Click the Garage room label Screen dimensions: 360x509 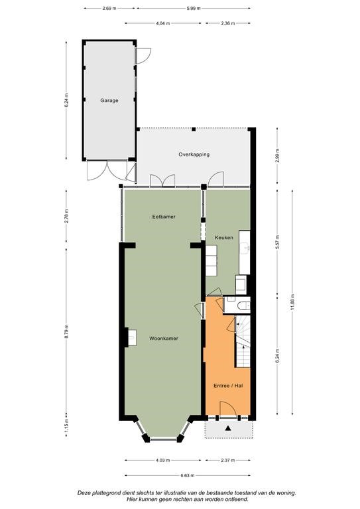click(x=109, y=101)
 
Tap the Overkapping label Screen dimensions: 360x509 click(x=194, y=154)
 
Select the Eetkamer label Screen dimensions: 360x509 click(x=164, y=217)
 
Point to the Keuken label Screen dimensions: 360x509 click(x=223, y=238)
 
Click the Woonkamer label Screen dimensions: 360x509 click(x=163, y=338)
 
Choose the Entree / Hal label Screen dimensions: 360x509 click(x=228, y=386)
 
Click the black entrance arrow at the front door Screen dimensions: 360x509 click(x=228, y=428)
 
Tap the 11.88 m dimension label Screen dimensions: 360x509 click(x=292, y=302)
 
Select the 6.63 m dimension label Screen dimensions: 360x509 click(x=188, y=476)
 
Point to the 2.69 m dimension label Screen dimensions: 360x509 click(x=109, y=9)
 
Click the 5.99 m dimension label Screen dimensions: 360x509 click(x=194, y=9)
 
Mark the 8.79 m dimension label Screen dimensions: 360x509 click(x=66, y=331)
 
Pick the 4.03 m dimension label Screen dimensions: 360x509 click(x=162, y=461)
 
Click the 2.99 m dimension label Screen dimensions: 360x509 click(x=277, y=156)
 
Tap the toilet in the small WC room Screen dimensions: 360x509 click(x=244, y=306)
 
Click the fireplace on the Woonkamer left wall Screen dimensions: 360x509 click(x=131, y=337)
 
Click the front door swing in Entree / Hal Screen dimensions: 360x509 click(x=228, y=408)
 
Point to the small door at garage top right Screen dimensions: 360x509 click(x=143, y=56)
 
